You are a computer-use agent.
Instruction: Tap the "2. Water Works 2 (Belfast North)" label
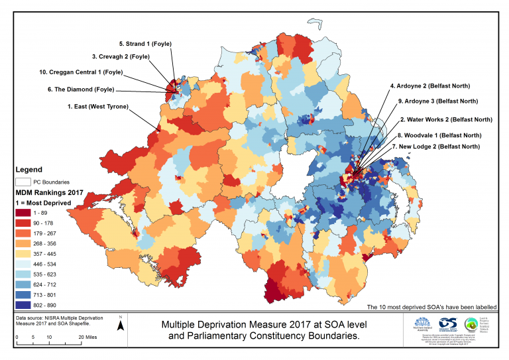click(x=445, y=119)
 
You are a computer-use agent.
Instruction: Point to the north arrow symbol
click(x=120, y=324)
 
